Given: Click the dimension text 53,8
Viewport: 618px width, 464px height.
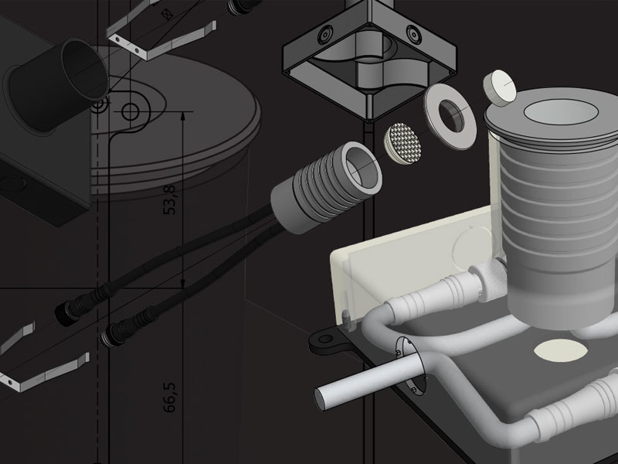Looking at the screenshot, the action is (x=169, y=200).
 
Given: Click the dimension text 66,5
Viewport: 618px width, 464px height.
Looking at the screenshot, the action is (x=169, y=397).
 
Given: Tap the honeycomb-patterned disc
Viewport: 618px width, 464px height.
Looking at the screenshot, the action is (x=402, y=144).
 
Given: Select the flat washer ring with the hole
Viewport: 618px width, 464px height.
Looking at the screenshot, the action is (x=450, y=118).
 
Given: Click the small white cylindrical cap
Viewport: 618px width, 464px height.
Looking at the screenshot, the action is (x=500, y=88).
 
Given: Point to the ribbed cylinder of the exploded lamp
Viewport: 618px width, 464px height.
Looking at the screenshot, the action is (x=326, y=186).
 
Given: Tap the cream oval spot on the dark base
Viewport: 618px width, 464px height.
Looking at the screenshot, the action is (x=561, y=350).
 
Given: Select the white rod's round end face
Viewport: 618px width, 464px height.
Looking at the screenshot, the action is (x=322, y=399).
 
